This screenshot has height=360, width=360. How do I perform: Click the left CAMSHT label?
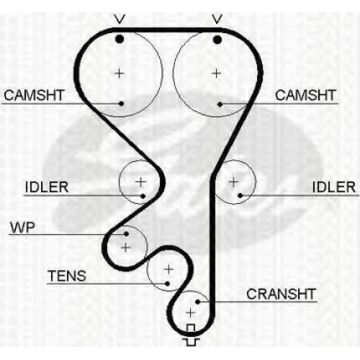34,95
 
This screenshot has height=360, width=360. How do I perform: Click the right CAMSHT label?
305,95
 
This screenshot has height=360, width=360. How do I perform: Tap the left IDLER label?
47,187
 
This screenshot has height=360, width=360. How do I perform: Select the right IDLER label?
334,187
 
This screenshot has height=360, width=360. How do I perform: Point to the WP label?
22,227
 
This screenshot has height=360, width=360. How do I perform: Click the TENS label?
67,276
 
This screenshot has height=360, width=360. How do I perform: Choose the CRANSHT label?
281,294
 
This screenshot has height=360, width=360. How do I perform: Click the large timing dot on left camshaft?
120,39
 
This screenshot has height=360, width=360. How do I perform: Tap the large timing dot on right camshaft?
217,40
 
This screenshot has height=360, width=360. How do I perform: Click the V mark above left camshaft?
120,19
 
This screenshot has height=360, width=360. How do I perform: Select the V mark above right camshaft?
217,19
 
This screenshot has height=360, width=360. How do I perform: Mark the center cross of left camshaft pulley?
120,73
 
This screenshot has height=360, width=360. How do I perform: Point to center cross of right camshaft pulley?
217,73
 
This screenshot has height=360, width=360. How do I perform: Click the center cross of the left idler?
140,182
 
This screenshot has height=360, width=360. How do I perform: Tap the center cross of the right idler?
233,182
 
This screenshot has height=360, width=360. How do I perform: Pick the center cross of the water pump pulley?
126,247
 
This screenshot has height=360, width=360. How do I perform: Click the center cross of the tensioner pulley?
168,269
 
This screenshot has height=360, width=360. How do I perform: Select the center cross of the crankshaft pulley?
190,312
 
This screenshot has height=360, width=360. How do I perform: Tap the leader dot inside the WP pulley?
126,234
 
